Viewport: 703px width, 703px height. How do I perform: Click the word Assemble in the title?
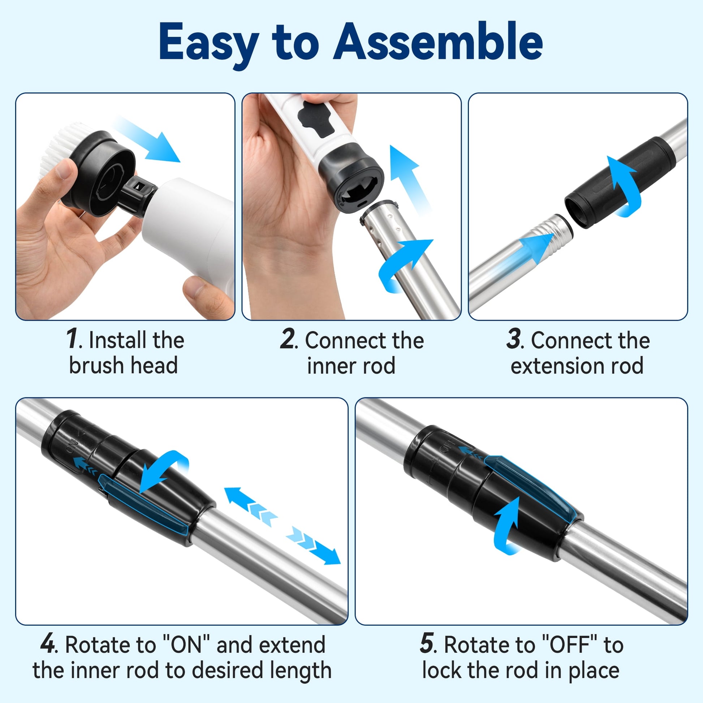click(438, 42)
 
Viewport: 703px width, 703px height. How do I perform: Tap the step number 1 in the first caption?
click(72, 339)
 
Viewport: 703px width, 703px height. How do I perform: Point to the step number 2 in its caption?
click(288, 339)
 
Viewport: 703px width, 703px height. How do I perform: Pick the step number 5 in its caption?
click(427, 644)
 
